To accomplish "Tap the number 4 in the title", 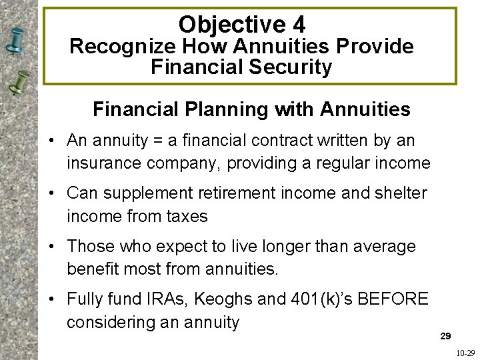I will [x=298, y=25].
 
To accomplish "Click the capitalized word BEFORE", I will [x=393, y=299].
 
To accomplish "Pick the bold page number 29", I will [x=446, y=335].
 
